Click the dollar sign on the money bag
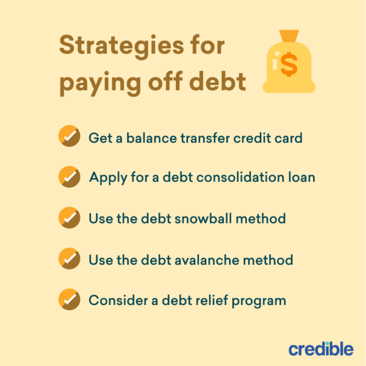(289, 64)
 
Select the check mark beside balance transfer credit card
(69, 137)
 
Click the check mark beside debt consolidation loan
(69, 177)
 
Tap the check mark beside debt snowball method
(69, 218)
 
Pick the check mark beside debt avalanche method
(69, 259)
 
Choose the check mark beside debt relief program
(69, 300)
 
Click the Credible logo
(320, 349)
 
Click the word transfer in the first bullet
(204, 138)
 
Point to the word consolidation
(242, 178)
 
